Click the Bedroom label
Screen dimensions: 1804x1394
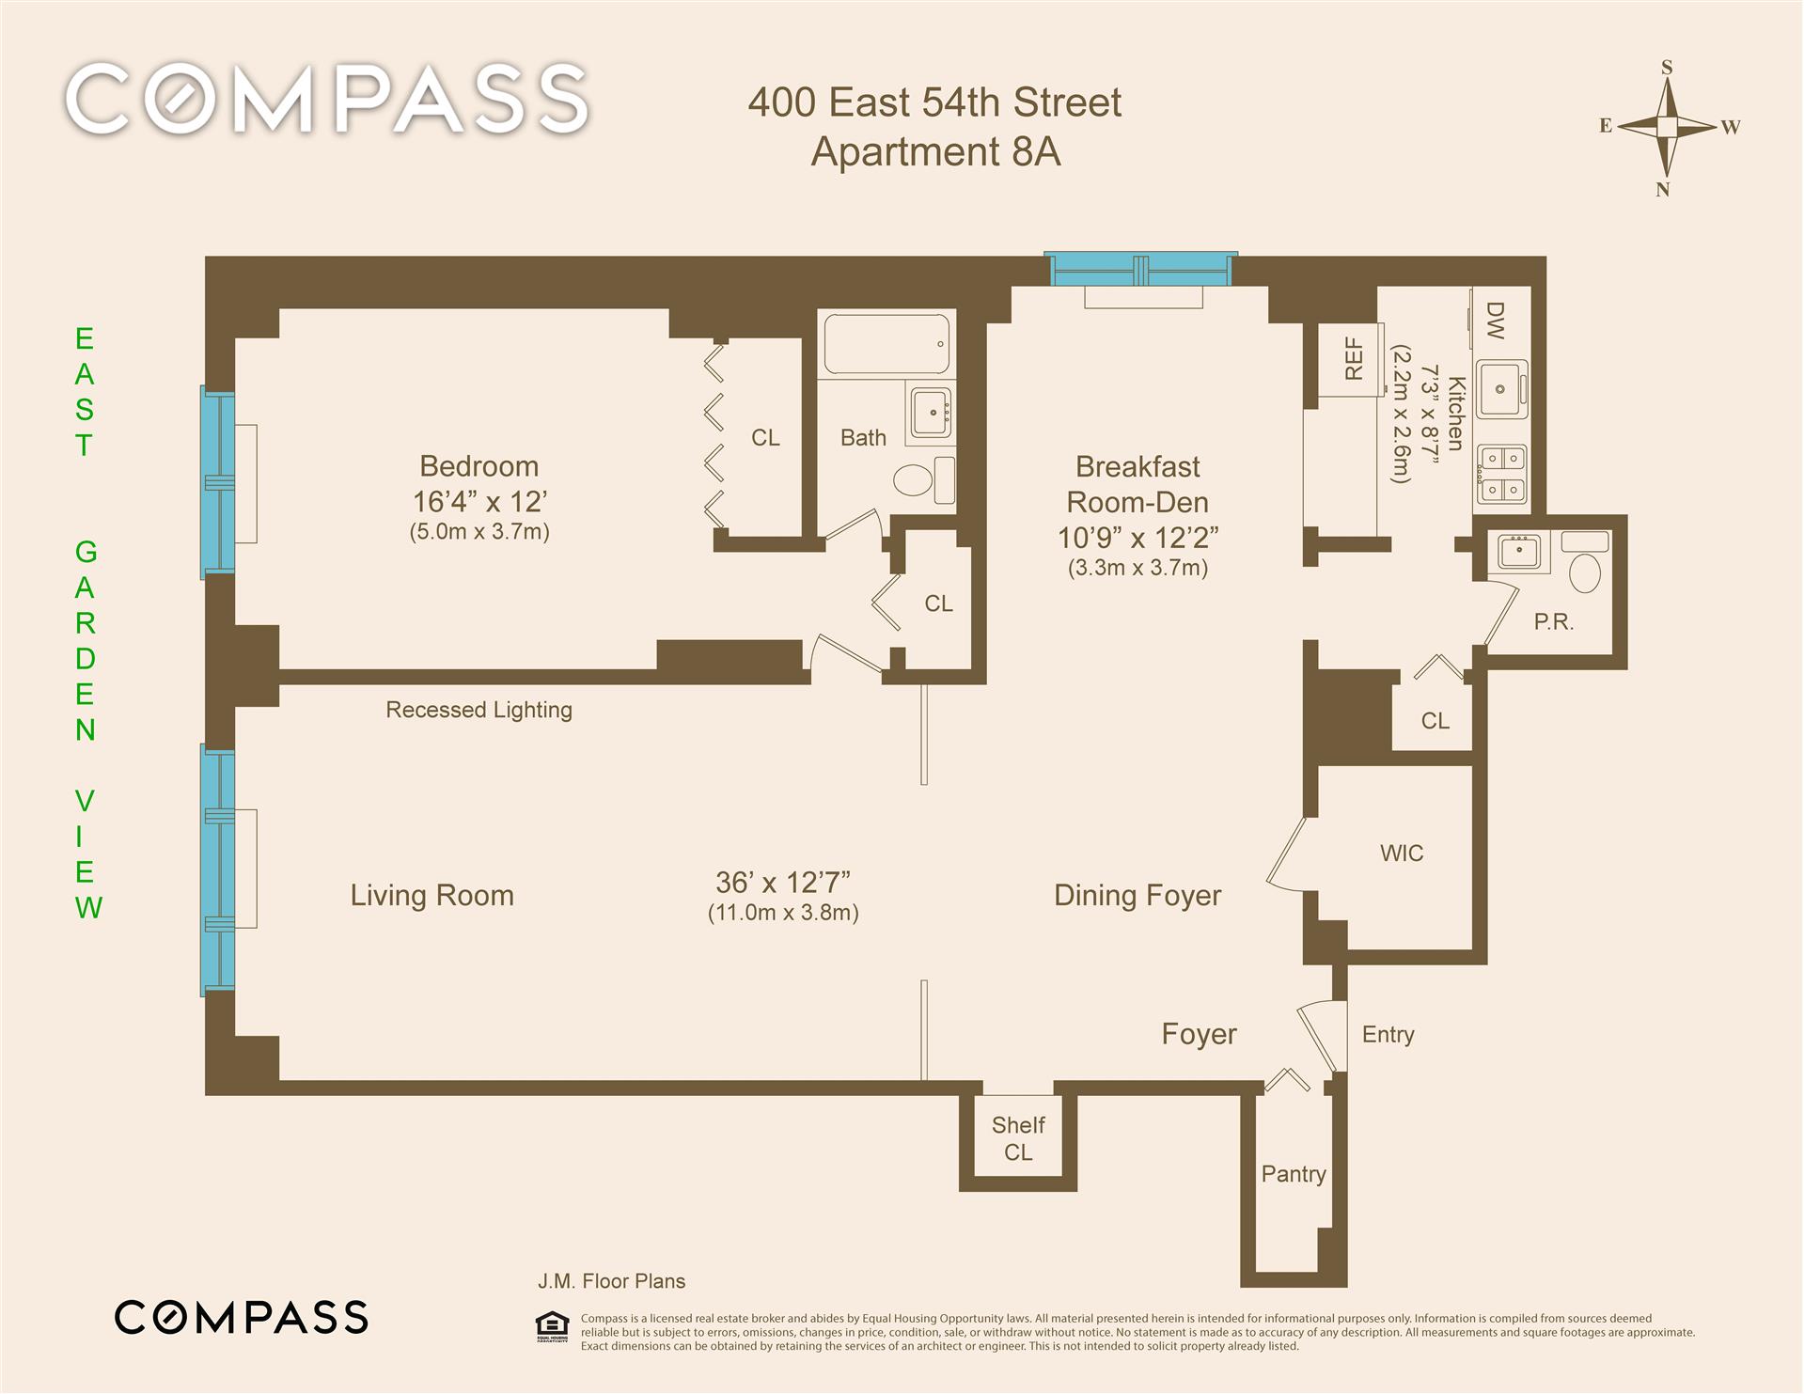click(479, 466)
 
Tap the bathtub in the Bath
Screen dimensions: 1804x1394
click(886, 344)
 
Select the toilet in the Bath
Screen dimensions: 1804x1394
click(922, 480)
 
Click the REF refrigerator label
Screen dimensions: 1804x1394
click(1354, 358)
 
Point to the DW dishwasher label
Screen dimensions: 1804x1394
click(1495, 320)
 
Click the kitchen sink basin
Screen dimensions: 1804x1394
click(1501, 388)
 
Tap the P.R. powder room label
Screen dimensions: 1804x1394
click(1553, 621)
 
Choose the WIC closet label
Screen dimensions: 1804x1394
click(1402, 854)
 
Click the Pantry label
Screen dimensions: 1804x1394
click(1294, 1174)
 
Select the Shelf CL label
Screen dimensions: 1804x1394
click(1018, 1138)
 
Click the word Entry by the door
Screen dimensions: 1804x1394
click(1388, 1035)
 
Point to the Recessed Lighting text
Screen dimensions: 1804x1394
click(478, 710)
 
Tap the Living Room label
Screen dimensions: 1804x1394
click(431, 896)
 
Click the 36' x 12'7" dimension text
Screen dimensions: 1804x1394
click(783, 883)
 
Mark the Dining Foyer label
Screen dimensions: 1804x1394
click(1137, 896)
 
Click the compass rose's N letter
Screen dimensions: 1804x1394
click(1662, 190)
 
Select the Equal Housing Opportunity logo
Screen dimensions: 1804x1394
click(552, 1325)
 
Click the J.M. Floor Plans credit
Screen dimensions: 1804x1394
click(611, 1281)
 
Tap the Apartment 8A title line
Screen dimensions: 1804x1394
click(935, 151)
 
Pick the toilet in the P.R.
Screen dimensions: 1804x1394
click(1585, 572)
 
